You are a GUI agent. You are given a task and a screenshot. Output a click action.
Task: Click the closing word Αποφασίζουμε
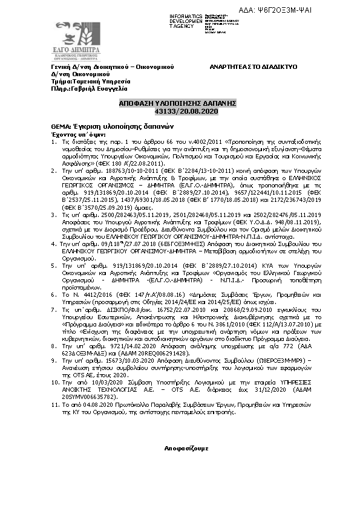[186, 449]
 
